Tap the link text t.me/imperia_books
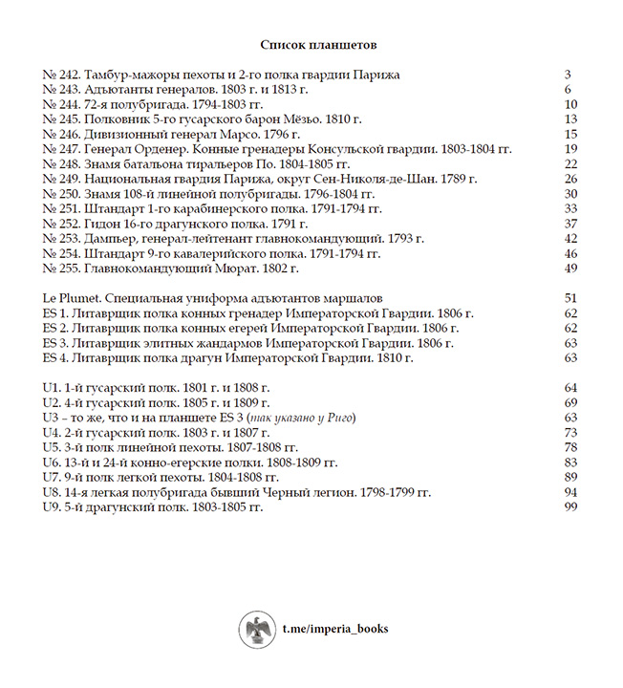pyautogui.click(x=334, y=630)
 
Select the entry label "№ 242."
pyautogui.click(x=61, y=75)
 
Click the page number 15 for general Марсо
pyautogui.click(x=571, y=135)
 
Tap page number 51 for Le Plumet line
pyautogui.click(x=571, y=299)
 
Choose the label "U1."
pyautogui.click(x=54, y=388)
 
